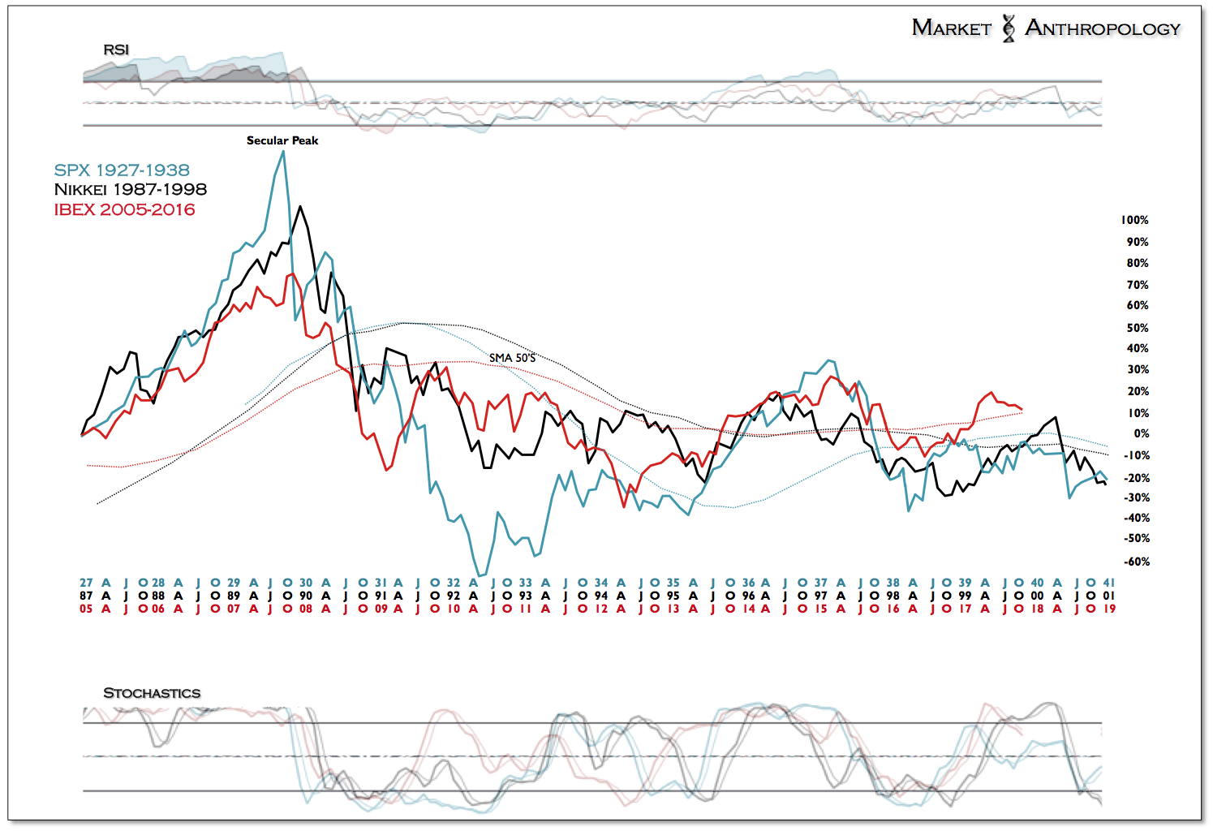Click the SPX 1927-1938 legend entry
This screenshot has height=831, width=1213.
122,170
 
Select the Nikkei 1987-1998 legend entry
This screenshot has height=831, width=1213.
130,190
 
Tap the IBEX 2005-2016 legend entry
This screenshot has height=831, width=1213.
124,209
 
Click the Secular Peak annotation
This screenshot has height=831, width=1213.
282,140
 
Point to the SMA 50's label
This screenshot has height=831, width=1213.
512,357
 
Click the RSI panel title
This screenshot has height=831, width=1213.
116,50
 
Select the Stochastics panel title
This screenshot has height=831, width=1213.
152,693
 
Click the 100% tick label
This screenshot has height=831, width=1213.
1134,220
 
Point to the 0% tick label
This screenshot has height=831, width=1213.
1141,433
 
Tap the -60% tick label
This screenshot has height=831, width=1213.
1137,562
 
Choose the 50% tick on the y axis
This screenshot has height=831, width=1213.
1138,327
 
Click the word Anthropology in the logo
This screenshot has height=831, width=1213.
1103,28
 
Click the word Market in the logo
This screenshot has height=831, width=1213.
952,28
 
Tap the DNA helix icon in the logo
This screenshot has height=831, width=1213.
1009,28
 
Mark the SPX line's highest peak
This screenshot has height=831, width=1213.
283,152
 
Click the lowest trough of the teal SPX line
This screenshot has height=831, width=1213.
480,576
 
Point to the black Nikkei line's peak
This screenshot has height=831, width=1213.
300,206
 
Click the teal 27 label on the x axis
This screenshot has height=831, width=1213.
86,583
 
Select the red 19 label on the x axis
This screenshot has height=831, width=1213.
1109,609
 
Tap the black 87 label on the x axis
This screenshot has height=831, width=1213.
86,596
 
